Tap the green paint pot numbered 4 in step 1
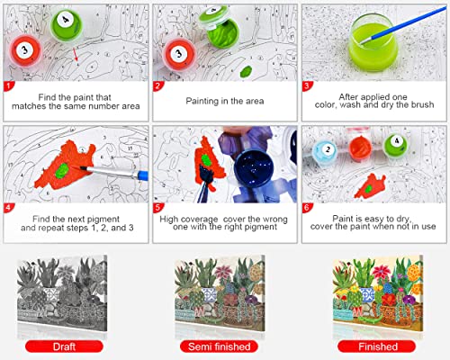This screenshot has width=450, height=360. [64, 23]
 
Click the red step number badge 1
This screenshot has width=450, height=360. [10, 87]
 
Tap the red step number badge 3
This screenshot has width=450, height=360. [307, 87]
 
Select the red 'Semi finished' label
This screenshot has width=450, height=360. [225, 345]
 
